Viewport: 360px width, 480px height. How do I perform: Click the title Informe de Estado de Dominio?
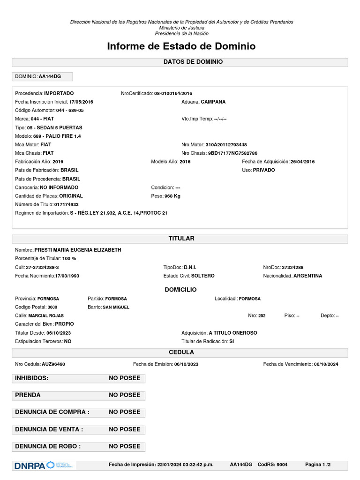pyautogui.click(x=181, y=46)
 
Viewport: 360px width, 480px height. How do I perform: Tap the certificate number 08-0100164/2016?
pyautogui.click(x=173, y=93)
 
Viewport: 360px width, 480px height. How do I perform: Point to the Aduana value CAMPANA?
pyautogui.click(x=213, y=102)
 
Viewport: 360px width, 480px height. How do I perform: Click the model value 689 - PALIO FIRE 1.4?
pyautogui.click(x=61, y=136)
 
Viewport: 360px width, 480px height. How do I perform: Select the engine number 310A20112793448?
pyautogui.click(x=226, y=145)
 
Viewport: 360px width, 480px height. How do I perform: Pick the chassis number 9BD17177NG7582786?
pyautogui.click(x=232, y=153)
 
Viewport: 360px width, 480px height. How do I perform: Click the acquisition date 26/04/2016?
pyautogui.click(x=302, y=162)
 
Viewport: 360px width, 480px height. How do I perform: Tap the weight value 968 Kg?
pyautogui.click(x=172, y=196)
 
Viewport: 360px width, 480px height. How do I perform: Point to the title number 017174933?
pyautogui.click(x=66, y=204)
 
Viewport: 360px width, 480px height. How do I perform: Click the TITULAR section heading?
pyautogui.click(x=181, y=239)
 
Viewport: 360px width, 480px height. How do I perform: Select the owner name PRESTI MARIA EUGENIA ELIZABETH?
pyautogui.click(x=78, y=250)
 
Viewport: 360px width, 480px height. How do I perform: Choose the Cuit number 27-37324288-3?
pyautogui.click(x=42, y=267)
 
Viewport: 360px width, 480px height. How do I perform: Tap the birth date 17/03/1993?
pyautogui.click(x=67, y=276)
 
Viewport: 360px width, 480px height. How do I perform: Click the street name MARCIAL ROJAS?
pyautogui.click(x=46, y=315)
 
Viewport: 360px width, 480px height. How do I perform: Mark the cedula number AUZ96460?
pyautogui.click(x=53, y=364)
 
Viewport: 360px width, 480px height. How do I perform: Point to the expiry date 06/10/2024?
pyautogui.click(x=326, y=364)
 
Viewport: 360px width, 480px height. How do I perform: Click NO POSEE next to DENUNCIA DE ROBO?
pyautogui.click(x=124, y=446)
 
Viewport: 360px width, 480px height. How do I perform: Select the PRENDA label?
pyautogui.click(x=28, y=395)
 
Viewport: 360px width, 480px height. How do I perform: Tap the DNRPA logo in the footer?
pyautogui.click(x=30, y=465)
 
